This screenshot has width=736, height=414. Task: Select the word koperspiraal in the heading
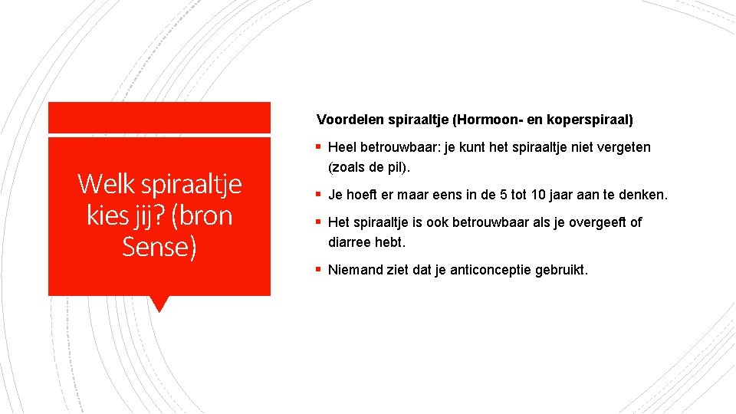coord(589,120)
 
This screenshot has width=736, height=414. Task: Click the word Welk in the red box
coord(103,184)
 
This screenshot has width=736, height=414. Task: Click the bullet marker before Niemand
coord(320,270)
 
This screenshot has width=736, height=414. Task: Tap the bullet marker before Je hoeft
coord(320,195)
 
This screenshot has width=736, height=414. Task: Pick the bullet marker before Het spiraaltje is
coord(320,222)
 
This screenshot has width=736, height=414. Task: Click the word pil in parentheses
coord(403,166)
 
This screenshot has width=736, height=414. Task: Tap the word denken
coord(643,195)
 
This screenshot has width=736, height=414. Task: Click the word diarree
coord(350,242)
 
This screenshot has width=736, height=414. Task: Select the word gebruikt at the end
coord(561,270)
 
